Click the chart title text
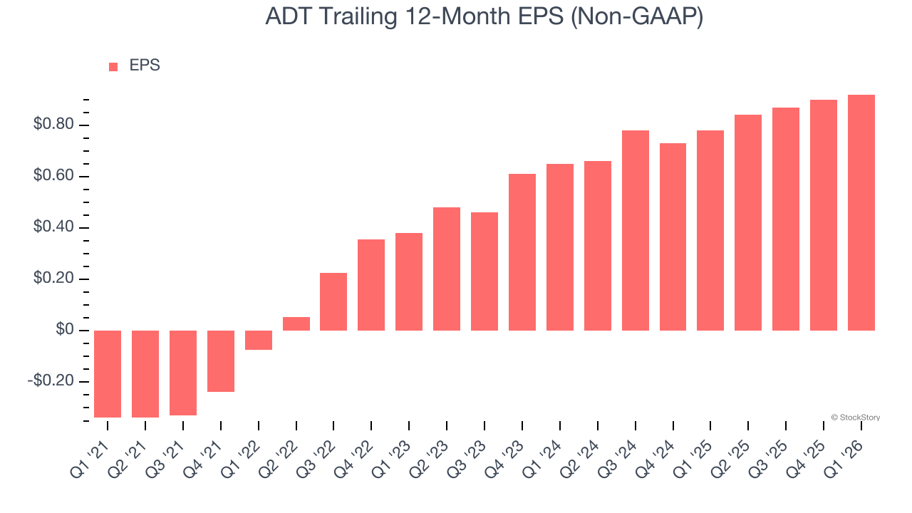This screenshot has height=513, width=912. (x=484, y=17)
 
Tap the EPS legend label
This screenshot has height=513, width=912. (x=145, y=66)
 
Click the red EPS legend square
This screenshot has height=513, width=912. (x=113, y=66)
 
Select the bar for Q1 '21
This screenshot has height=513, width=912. (x=108, y=373)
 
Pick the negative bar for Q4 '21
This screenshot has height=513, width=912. (x=221, y=361)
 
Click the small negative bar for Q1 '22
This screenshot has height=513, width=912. (x=259, y=340)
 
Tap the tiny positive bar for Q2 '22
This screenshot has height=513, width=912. (x=296, y=323)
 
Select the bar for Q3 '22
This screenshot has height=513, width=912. (x=333, y=301)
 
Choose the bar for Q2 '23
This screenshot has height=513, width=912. (x=447, y=269)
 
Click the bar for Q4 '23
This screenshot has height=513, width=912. (x=522, y=252)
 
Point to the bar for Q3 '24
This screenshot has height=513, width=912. (x=636, y=230)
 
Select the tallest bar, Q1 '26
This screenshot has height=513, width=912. (x=861, y=212)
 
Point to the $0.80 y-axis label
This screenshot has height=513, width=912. (x=53, y=125)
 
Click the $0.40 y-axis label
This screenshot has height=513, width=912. (x=53, y=228)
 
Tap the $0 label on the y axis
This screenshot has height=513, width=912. (x=64, y=331)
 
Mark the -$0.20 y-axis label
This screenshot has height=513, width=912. (x=51, y=381)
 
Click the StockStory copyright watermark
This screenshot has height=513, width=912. (x=855, y=418)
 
